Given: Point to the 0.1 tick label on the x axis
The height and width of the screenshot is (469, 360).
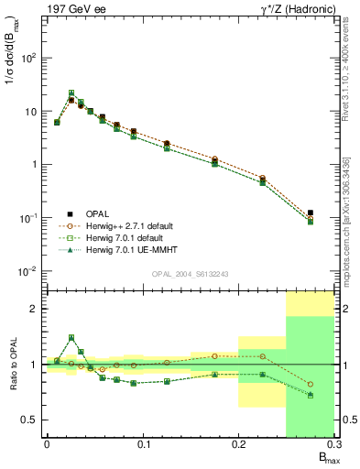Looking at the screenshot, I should click(142, 446).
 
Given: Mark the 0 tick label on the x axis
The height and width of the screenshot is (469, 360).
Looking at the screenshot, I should click(47, 446).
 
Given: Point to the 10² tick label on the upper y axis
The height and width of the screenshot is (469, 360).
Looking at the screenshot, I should click(29, 58).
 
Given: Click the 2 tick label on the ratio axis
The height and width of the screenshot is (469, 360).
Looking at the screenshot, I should click(34, 309).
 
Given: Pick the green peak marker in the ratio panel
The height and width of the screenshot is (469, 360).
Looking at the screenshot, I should click(71, 337).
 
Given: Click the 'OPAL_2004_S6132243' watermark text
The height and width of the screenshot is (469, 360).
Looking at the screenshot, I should click(191, 275).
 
